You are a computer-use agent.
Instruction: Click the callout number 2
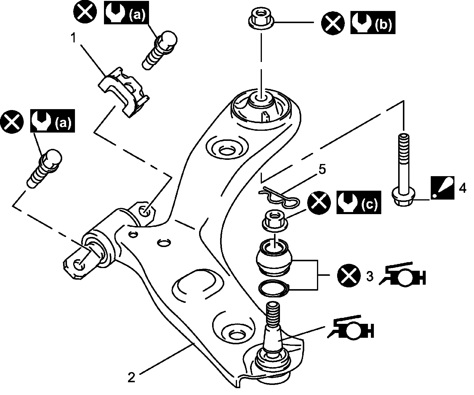click(x=132, y=377)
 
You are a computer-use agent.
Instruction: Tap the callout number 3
click(x=369, y=276)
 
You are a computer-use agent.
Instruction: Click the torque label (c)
click(x=369, y=203)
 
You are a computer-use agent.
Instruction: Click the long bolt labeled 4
click(x=403, y=172)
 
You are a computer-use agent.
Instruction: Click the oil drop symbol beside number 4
click(x=442, y=188)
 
